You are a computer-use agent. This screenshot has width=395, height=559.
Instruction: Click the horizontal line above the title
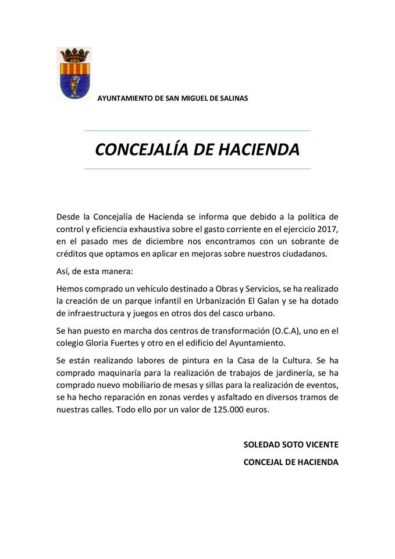coord(197,130)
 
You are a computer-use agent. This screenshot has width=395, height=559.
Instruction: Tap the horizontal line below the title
coord(197,169)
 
